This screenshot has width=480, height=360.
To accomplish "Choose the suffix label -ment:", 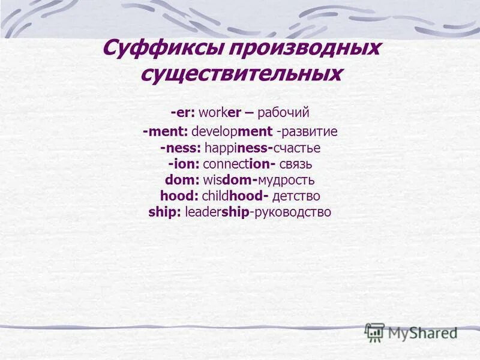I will [166, 131].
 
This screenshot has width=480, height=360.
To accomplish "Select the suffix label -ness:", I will [181, 148].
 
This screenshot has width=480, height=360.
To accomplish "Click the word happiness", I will [237, 148].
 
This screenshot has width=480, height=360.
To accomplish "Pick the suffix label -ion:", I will [184, 164].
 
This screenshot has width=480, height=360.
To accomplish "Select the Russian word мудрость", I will [286, 180].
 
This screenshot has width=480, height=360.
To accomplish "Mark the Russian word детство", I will [296, 196].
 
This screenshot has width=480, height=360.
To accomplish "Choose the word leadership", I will [217, 212].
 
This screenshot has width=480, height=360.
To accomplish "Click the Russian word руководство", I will [293, 212].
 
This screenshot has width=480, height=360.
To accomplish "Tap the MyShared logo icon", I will [374, 332].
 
